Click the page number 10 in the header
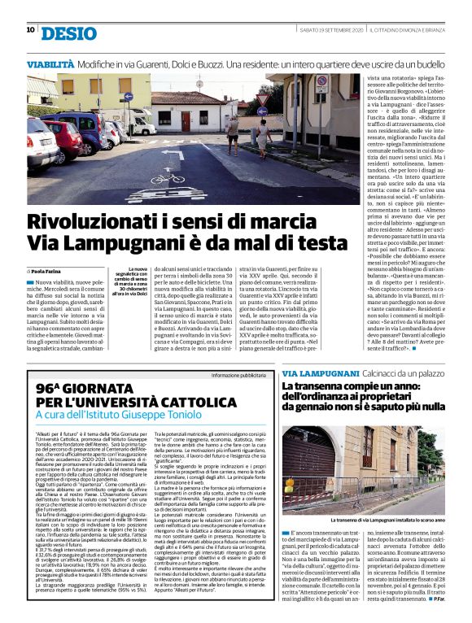(30, 30)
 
